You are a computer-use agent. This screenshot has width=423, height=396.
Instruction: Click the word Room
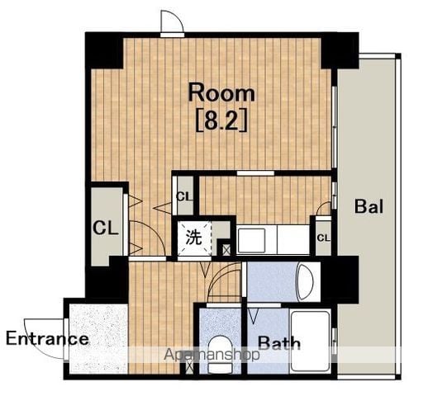(221, 94)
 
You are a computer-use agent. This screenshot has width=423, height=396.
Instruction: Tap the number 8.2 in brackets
(221, 121)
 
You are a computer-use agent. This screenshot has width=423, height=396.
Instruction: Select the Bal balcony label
(368, 206)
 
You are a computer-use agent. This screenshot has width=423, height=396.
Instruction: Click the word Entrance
(47, 338)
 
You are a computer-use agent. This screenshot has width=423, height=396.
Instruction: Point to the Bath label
(279, 343)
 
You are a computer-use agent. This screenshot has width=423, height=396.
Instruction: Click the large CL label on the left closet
(106, 228)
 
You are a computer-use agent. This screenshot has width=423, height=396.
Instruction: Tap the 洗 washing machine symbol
(194, 238)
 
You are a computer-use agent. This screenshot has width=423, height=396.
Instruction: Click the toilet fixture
(220, 355)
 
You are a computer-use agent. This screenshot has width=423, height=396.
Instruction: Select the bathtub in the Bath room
(311, 341)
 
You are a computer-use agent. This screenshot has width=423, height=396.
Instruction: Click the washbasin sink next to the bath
(305, 281)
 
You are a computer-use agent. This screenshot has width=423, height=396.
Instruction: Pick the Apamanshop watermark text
(211, 355)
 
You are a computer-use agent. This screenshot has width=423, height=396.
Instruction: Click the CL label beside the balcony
(324, 238)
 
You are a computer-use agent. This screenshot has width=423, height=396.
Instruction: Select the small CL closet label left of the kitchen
(183, 197)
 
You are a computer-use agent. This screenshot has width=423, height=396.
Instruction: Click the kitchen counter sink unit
(273, 240)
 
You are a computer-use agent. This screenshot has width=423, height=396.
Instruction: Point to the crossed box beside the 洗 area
(226, 250)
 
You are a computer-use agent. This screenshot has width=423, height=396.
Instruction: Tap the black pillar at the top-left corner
(104, 51)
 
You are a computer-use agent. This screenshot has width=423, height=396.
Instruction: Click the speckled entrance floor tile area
(98, 339)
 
